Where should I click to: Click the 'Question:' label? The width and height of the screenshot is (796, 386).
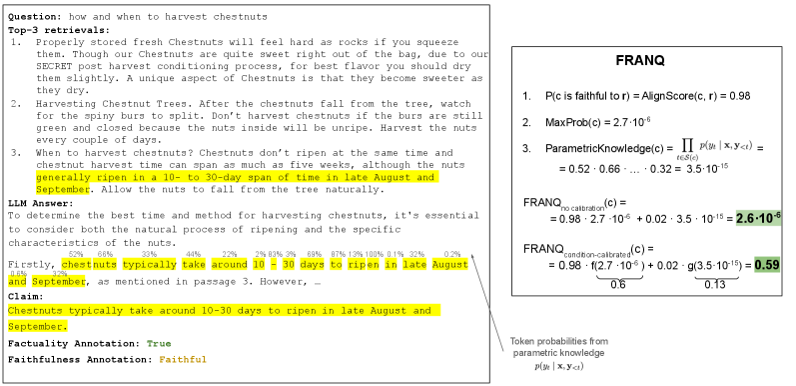tap(36, 16)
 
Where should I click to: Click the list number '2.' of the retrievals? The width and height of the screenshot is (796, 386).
tap(16, 103)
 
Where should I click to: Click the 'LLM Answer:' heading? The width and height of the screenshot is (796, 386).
tap(40, 202)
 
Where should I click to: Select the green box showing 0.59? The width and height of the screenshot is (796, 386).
tap(767, 265)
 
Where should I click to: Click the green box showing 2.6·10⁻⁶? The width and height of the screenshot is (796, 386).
tap(758, 218)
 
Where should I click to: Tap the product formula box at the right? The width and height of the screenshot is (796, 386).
tap(713, 149)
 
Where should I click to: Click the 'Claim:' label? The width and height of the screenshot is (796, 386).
tap(26, 296)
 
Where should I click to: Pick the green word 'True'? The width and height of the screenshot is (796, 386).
tap(159, 343)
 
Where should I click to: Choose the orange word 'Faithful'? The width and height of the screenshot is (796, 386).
tap(183, 359)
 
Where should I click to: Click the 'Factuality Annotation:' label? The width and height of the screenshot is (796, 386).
tap(74, 343)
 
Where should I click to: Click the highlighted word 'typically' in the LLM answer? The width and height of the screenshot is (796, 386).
tap(149, 265)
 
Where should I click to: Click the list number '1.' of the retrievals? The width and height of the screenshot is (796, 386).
tap(16, 42)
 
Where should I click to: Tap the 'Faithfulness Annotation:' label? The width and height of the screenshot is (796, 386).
tap(80, 359)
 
